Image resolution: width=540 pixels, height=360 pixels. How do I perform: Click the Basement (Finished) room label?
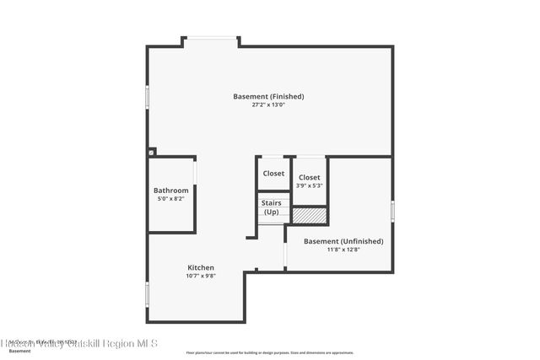coord(268,97)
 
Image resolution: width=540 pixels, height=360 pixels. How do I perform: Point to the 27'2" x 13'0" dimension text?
coord(268,105)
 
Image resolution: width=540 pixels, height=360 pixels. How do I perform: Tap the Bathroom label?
coord(170,191)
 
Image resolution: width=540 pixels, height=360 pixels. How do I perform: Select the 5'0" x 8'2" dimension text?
coord(170,200)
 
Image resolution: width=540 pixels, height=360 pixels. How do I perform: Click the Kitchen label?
coord(201,267)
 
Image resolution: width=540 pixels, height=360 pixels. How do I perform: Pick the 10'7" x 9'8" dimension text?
coord(201,276)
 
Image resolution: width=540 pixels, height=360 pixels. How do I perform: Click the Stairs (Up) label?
coord(272,207)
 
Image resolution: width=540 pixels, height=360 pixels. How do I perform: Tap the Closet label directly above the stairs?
coord(273,174)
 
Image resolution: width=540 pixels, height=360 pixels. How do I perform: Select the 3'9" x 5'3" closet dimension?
coord(309,186)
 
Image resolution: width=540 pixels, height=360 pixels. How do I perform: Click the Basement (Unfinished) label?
coord(343,241)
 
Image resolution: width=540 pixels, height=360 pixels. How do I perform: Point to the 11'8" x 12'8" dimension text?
coord(343,250)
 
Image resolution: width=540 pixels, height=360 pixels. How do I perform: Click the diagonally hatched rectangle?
coord(309,216)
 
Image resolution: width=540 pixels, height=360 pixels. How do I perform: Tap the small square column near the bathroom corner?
coord(152,153)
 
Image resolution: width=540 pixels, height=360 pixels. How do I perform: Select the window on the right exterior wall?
coord(392,210)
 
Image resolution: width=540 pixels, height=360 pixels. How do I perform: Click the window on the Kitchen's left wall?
coord(148,294)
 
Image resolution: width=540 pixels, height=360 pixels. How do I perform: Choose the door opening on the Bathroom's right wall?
coord(196,171)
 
